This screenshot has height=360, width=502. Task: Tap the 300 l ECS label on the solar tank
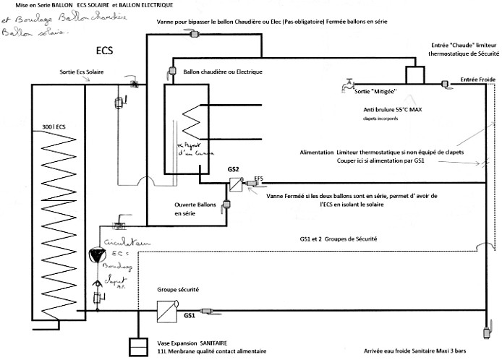(x=55, y=124)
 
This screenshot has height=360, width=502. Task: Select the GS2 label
(x=233, y=170)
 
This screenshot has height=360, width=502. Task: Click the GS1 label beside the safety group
(x=190, y=316)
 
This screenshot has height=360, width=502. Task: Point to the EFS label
(x=259, y=177)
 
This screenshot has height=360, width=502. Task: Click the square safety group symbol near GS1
(x=166, y=311)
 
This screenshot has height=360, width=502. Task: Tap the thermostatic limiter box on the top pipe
(x=415, y=75)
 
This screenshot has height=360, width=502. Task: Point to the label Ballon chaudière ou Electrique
(x=222, y=72)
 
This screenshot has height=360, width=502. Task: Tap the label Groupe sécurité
(x=178, y=290)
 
